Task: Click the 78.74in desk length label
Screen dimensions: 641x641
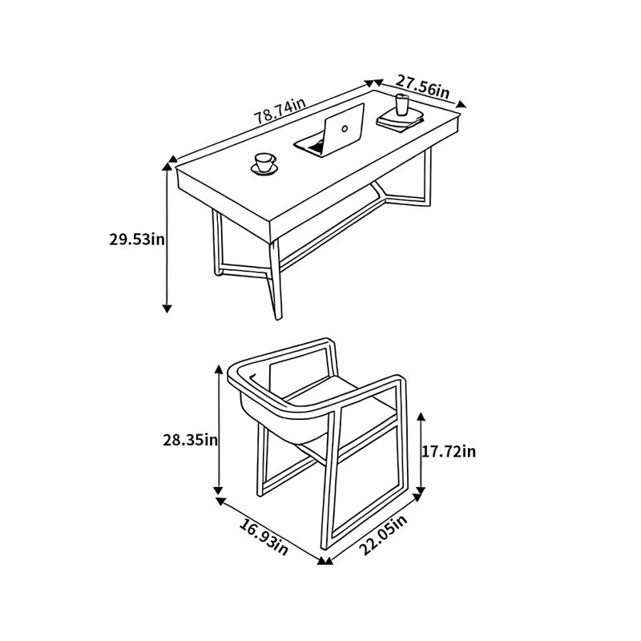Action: [x=280, y=111]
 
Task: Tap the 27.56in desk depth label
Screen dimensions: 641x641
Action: [x=422, y=87]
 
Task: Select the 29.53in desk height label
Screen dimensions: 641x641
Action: [x=137, y=239]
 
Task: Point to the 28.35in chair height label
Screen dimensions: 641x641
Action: [x=191, y=440]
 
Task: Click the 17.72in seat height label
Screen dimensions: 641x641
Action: [x=449, y=451]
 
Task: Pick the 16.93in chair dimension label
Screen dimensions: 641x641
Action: [x=264, y=537]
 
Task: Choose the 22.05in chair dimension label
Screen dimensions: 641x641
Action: [x=383, y=535]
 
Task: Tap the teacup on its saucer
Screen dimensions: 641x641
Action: [x=264, y=164]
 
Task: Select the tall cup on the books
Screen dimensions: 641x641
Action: [x=402, y=105]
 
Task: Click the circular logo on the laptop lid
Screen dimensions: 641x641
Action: [x=345, y=129]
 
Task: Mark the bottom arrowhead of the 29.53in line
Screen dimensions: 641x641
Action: [x=167, y=308]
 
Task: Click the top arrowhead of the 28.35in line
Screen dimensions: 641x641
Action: [x=219, y=369]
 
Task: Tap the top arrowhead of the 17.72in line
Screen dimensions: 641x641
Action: [x=421, y=417]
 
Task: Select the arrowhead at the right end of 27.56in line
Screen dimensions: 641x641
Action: [x=461, y=104]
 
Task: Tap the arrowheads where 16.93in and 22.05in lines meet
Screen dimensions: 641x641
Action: [x=325, y=561]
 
